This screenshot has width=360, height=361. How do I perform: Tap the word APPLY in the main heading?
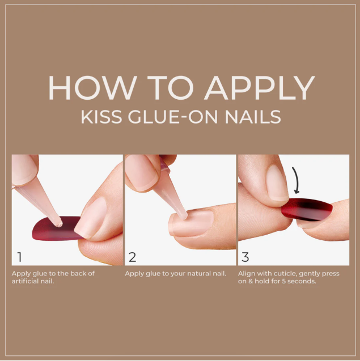[x=260, y=88]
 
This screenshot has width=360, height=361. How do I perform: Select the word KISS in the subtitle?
[x=101, y=117]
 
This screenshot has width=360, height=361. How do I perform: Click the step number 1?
[x=20, y=257]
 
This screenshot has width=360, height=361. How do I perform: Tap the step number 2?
[x=133, y=257]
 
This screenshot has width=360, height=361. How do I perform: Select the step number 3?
[x=245, y=257]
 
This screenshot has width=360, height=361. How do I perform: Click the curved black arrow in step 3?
[x=296, y=180]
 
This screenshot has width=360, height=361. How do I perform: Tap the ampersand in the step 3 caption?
[x=251, y=281]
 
